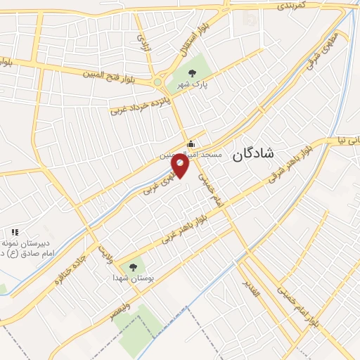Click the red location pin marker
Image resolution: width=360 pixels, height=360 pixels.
[180, 165]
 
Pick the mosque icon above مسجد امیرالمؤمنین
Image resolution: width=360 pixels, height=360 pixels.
[191, 143]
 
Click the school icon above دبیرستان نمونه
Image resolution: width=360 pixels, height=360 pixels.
[14, 232]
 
